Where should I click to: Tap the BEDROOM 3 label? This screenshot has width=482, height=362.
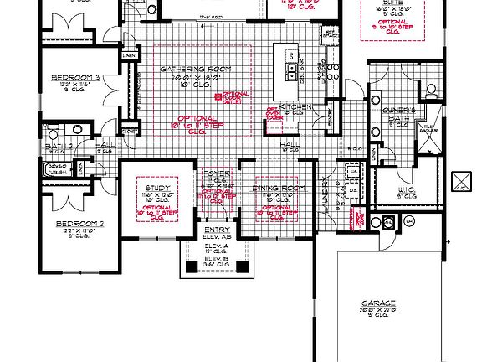click(x=76, y=79)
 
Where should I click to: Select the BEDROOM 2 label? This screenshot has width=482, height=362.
click(x=79, y=224)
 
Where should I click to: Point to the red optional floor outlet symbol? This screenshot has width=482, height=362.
click(x=218, y=98)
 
